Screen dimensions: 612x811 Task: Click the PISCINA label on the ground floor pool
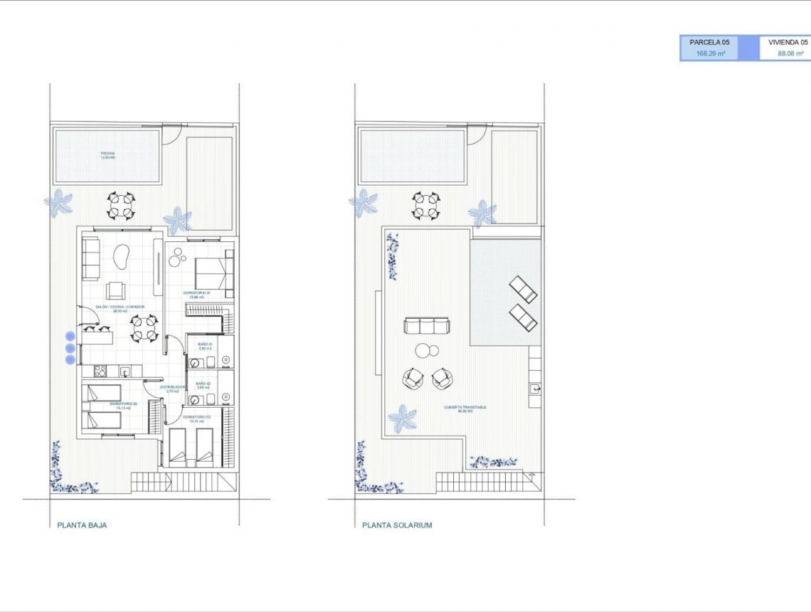[x=107, y=154]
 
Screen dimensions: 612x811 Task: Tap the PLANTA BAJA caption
[x=82, y=525]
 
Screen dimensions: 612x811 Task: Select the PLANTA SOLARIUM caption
[x=397, y=525]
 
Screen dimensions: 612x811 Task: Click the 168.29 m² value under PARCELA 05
[x=710, y=53]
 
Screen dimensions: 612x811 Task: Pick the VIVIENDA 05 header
[x=788, y=43]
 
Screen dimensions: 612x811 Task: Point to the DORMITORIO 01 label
[x=196, y=292]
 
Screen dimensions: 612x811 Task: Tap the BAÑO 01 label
[x=205, y=344]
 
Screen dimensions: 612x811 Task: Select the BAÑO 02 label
[x=203, y=383]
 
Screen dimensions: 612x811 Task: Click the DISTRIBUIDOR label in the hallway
[x=171, y=387]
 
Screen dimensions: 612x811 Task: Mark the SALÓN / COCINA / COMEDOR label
[x=120, y=307]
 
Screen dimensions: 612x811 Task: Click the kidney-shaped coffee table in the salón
[x=122, y=257]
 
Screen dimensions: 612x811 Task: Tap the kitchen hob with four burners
[x=101, y=371]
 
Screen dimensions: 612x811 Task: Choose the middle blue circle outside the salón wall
[x=70, y=348]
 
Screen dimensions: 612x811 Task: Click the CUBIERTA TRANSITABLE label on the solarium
[x=465, y=408]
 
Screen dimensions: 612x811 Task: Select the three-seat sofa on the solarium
[x=427, y=326]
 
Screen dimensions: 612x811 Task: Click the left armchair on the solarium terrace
[x=413, y=378]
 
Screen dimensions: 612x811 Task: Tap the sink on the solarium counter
[x=534, y=389]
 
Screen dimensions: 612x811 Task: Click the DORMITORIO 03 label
[x=123, y=404]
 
